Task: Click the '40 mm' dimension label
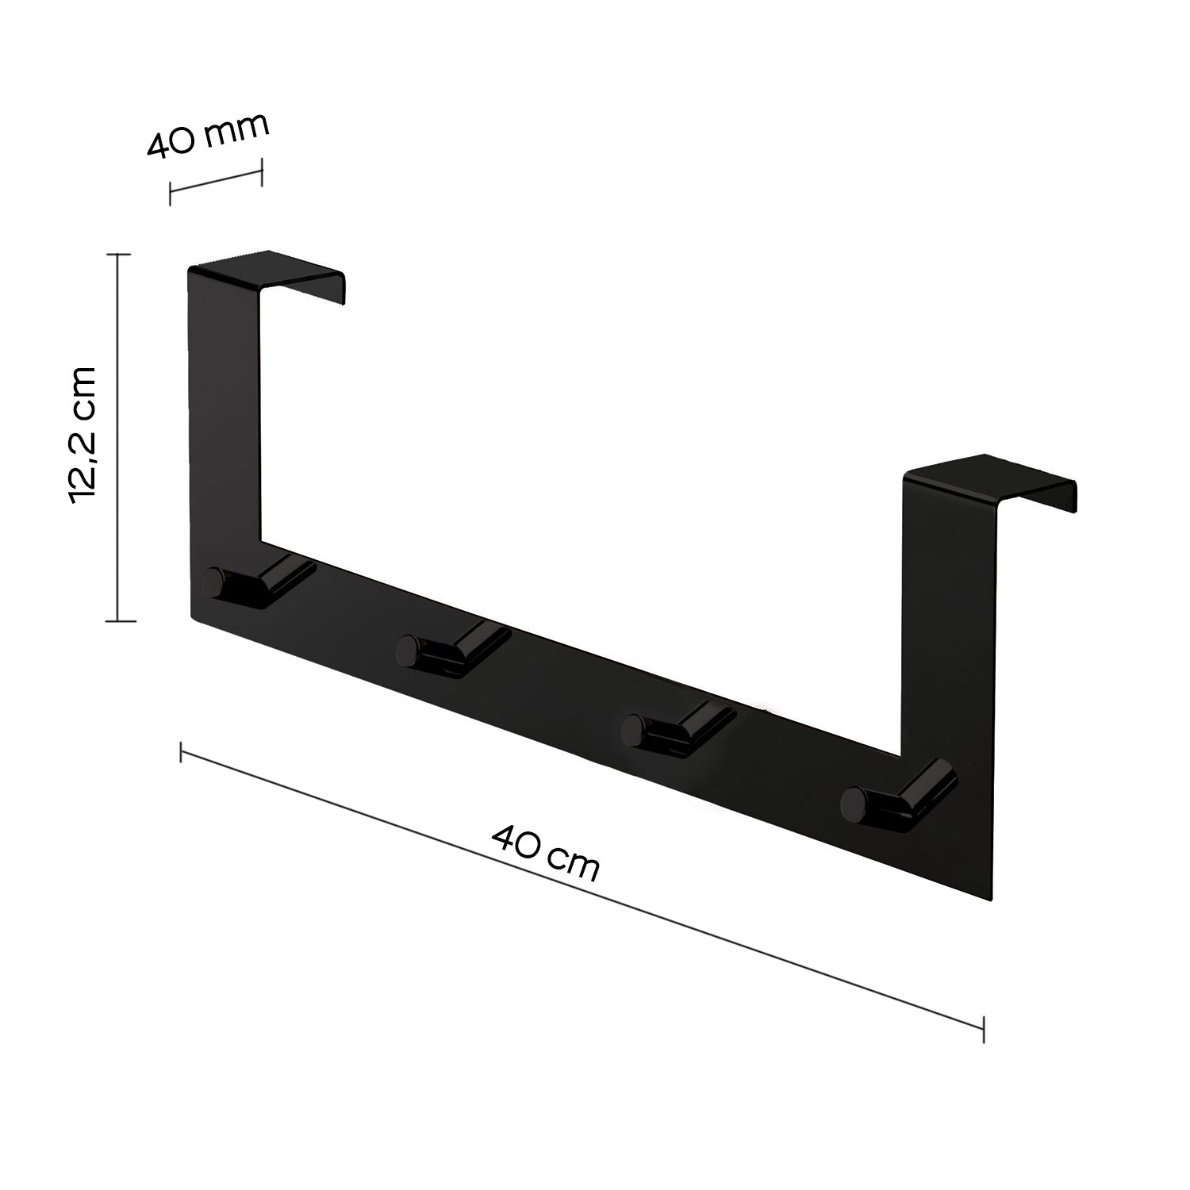coord(208,136)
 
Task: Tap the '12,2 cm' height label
coord(83,435)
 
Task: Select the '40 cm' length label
coord(545,853)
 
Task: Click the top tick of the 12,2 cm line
coord(118,255)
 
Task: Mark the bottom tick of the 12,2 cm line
coord(118,621)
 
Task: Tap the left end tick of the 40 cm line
coord(182,751)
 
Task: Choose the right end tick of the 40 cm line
coord(984,1029)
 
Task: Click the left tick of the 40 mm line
coord(170,193)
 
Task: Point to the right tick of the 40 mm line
coord(261,171)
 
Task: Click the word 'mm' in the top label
coord(236,131)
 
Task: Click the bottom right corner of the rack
coord(992,901)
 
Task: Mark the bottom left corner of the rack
coord(193,617)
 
